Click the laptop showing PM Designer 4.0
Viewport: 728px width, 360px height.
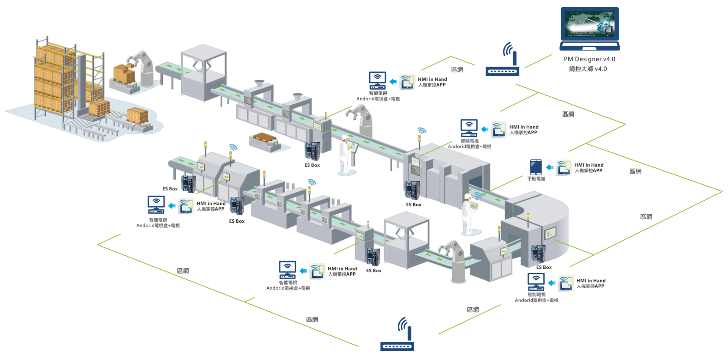tap(590, 28)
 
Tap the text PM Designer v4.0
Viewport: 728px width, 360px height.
tap(589, 59)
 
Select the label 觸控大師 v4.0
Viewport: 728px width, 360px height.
tap(588, 69)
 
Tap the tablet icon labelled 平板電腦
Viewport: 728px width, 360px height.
tap(536, 167)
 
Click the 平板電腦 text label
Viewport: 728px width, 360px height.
tap(536, 179)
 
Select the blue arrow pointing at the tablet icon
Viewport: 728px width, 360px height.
tap(550, 167)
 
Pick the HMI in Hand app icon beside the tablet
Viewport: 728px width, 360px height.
tap(564, 168)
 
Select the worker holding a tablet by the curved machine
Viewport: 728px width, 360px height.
tap(469, 214)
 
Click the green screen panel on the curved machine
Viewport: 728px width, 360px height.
tap(550, 233)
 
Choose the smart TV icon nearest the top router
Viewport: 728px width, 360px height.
tap(378, 80)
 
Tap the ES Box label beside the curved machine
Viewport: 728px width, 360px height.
tap(544, 267)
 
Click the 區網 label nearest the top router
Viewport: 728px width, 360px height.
tap(457, 70)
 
